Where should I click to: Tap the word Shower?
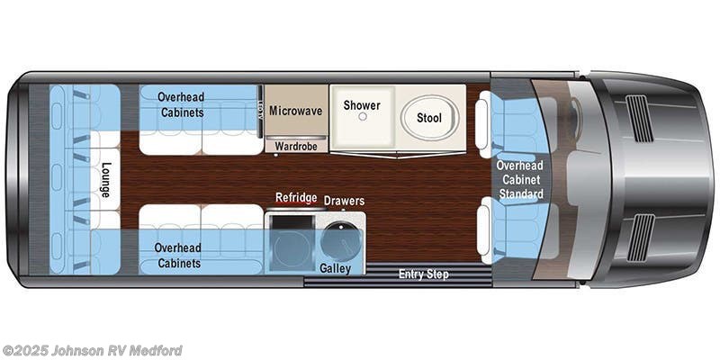(x=361, y=105)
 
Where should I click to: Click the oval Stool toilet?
(x=428, y=118)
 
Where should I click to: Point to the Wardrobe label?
(x=295, y=145)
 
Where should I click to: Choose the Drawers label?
(x=344, y=200)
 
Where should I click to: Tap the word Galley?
(x=335, y=268)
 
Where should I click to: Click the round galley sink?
(x=339, y=240)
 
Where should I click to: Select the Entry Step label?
(x=423, y=274)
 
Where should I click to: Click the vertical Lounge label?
(x=105, y=181)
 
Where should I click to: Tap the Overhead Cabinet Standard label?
(x=521, y=179)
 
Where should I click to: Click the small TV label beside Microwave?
(x=259, y=107)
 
